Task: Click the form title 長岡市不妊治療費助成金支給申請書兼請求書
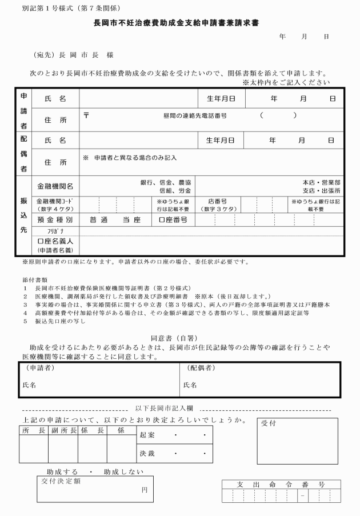[180, 25]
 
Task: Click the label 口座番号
[173, 219]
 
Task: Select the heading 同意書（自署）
[181, 338]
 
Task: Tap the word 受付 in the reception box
[269, 424]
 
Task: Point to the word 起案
[147, 435]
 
